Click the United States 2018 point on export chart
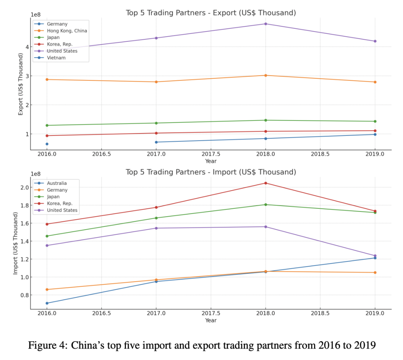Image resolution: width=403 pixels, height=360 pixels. [265, 24]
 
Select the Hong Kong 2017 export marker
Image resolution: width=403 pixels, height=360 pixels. [156, 82]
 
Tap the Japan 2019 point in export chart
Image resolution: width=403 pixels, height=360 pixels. [375, 121]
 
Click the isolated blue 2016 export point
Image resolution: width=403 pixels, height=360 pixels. [47, 144]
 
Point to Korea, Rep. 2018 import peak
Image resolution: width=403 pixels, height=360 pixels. [265, 183]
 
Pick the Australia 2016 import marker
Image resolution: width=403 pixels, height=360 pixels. [47, 303]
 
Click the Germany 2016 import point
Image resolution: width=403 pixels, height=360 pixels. [47, 289]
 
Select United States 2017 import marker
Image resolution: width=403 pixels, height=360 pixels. [156, 228]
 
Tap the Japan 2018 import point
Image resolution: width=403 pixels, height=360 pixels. [265, 204]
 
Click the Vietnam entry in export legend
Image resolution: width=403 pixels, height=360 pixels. [56, 58]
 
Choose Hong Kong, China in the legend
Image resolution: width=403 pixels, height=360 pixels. [67, 31]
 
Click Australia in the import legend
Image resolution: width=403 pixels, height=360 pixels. [57, 183]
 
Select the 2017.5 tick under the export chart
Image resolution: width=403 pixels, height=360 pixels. [211, 154]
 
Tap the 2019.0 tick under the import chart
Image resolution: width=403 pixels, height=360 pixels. [375, 314]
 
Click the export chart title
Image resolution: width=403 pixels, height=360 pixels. [211, 13]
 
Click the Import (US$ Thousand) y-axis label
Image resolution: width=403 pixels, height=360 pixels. [16, 243]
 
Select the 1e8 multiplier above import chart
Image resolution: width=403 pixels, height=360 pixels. [36, 174]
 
